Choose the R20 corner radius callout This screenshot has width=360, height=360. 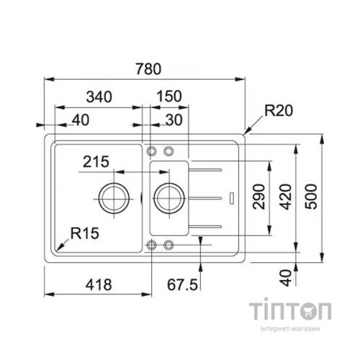pos(279,111)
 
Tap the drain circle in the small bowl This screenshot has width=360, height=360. pos(167,196)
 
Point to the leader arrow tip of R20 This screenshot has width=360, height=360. pos(246,133)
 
